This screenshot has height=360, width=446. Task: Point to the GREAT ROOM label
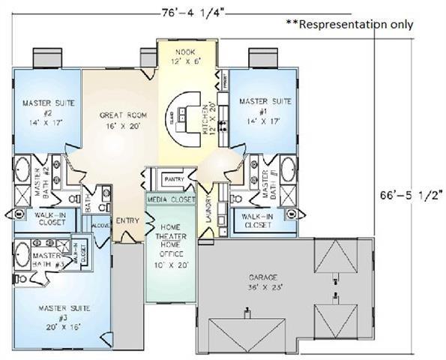(121, 121)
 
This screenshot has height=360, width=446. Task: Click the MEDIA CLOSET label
(170, 200)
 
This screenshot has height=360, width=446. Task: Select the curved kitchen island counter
(184, 120)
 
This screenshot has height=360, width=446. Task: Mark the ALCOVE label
(100, 225)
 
